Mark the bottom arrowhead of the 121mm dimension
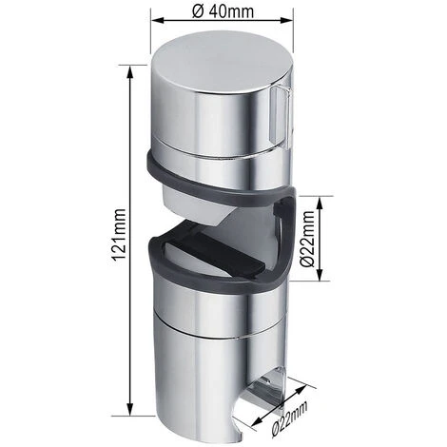127,413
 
